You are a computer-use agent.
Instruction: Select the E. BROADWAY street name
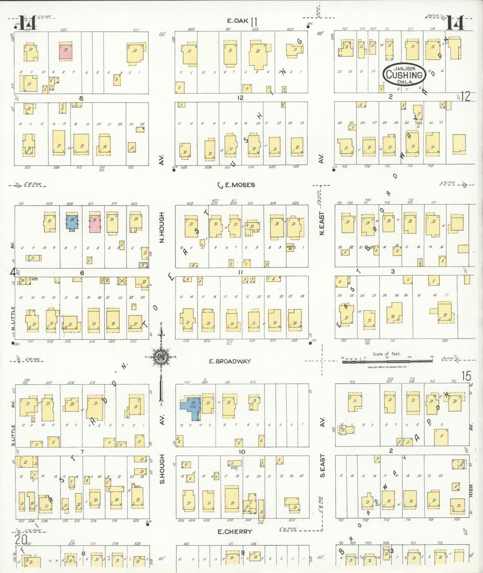pyautogui.click(x=230, y=361)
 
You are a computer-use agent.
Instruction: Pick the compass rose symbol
pyautogui.click(x=161, y=357)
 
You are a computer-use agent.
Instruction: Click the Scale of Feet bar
pyautogui.click(x=388, y=362)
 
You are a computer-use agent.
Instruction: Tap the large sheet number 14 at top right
pyautogui.click(x=455, y=23)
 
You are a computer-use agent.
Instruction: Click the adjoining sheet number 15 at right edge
pyautogui.click(x=466, y=376)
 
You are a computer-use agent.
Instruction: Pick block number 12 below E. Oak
pyautogui.click(x=240, y=98)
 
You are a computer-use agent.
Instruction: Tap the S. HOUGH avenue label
pyautogui.click(x=162, y=473)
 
